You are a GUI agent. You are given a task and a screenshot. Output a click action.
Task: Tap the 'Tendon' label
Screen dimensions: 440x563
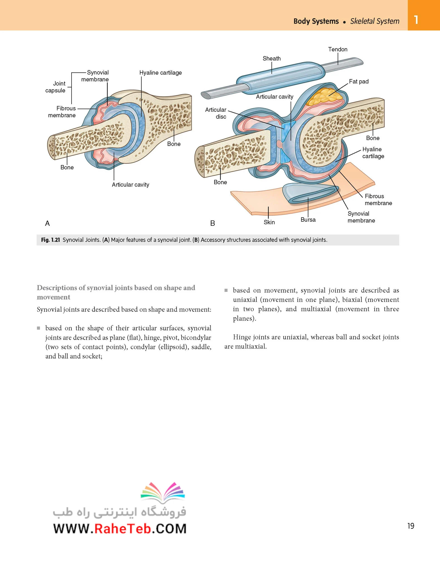338,49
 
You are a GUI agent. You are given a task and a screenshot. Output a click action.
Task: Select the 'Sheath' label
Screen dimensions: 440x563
272,59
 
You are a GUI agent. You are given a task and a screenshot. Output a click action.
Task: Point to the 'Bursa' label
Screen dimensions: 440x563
308,220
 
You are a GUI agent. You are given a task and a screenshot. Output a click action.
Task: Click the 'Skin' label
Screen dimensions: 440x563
269,222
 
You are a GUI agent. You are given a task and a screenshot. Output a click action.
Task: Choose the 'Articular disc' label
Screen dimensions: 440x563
216,113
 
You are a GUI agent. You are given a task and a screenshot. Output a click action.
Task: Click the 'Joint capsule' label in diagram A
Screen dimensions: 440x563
55,87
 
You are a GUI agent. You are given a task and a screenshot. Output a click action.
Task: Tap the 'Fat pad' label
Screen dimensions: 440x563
359,81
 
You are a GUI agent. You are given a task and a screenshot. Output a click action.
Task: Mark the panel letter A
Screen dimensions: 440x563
47,223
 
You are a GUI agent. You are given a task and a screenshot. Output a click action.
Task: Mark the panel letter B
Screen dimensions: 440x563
212,223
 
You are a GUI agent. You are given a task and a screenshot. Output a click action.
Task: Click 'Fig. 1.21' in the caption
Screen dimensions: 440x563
50,240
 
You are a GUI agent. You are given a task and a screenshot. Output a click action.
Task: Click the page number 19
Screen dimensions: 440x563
411,526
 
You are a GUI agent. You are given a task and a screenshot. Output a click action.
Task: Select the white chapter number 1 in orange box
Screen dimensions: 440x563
416,20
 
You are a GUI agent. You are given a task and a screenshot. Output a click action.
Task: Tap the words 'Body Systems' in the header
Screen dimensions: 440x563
316,21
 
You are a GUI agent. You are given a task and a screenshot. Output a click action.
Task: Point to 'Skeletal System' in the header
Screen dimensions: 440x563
375,21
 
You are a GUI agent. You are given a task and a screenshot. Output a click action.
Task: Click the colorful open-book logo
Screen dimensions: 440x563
163,491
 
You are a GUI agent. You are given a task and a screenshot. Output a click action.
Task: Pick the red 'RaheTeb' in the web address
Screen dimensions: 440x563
123,529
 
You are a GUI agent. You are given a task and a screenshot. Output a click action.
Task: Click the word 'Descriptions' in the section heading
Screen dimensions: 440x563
57,288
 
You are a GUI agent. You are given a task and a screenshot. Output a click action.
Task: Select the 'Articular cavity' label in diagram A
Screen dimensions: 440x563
130,185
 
